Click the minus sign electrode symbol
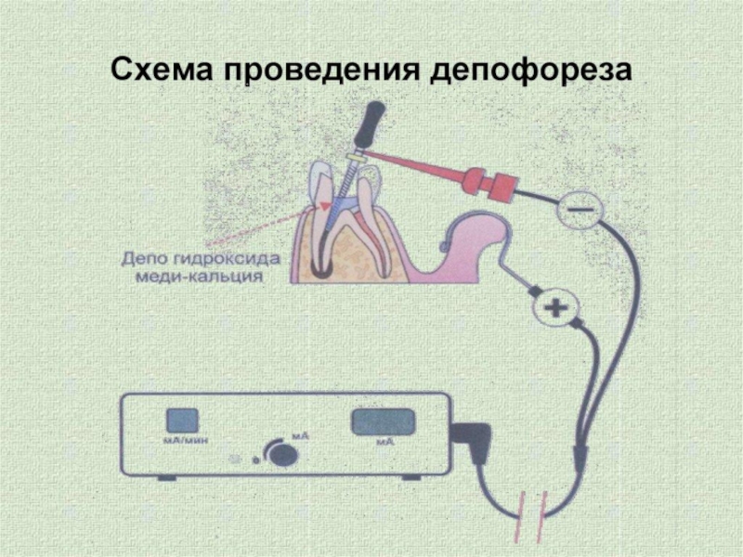pos(580,208)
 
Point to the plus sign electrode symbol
pos(555,308)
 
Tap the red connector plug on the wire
pos(491,183)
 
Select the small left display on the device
pos(182,421)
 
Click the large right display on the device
pos(383,421)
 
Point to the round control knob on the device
pos(282,454)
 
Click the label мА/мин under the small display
pos(182,440)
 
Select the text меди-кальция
pos(199,276)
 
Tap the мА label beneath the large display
pos(385,442)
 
